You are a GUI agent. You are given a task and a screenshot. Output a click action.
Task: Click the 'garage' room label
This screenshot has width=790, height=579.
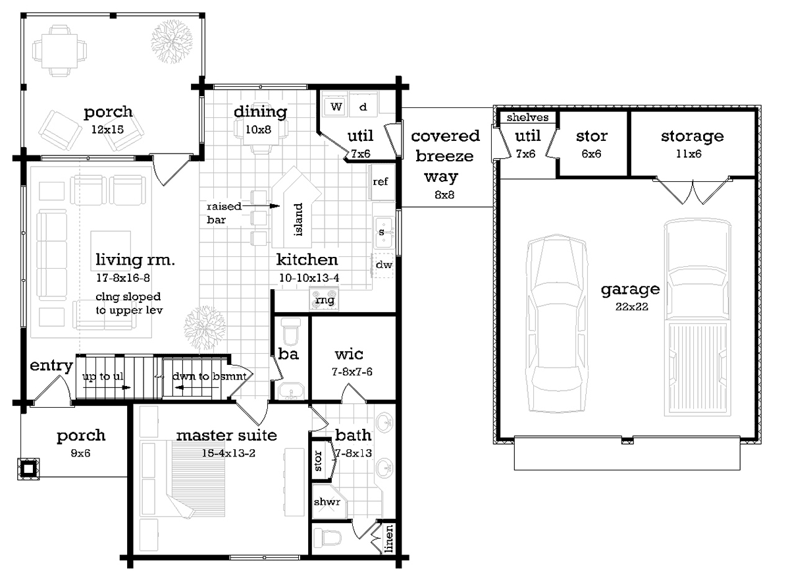pyautogui.click(x=630, y=290)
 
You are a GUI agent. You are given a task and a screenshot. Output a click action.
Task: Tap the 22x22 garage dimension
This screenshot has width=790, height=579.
pyautogui.click(x=631, y=306)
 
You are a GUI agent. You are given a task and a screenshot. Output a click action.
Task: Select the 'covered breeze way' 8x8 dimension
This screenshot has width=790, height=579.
pyautogui.click(x=444, y=194)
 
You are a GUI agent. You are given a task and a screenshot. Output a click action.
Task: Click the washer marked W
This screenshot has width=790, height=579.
pyautogui.click(x=336, y=106)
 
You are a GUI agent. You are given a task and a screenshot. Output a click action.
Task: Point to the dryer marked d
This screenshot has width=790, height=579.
pyautogui.click(x=363, y=106)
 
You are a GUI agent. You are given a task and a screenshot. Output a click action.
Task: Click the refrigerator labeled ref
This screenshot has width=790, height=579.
pyautogui.click(x=381, y=182)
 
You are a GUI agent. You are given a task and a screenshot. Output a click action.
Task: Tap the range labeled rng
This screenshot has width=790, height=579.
pyautogui.click(x=324, y=299)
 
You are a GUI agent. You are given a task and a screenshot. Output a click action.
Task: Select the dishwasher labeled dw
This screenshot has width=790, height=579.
pyautogui.click(x=383, y=265)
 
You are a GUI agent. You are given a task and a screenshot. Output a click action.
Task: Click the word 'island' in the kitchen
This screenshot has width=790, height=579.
pyautogui.click(x=298, y=219)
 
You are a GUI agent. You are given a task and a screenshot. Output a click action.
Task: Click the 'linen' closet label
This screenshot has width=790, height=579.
pyautogui.click(x=388, y=538)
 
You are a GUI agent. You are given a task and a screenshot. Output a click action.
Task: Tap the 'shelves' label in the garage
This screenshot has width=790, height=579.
pyautogui.click(x=527, y=117)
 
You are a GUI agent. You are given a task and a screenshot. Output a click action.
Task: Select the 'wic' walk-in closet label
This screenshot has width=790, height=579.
pyautogui.click(x=349, y=354)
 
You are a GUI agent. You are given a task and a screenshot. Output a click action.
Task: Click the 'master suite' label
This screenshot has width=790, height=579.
pyautogui.click(x=226, y=435)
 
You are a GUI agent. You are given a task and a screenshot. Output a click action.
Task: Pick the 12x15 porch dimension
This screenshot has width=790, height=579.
pyautogui.click(x=107, y=130)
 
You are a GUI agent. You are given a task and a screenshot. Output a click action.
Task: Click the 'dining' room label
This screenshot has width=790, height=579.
pyautogui.click(x=260, y=112)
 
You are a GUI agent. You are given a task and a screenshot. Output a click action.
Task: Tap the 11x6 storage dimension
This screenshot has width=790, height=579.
pyautogui.click(x=689, y=153)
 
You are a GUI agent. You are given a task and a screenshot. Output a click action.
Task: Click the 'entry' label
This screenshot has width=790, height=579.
pyautogui.click(x=51, y=366)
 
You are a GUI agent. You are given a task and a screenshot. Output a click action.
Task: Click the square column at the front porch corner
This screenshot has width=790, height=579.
pyautogui.click(x=28, y=469)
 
